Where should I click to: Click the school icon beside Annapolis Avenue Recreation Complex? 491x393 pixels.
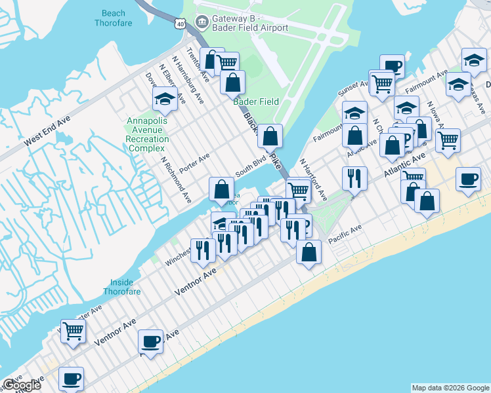164,100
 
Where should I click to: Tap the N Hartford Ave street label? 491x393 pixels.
313,178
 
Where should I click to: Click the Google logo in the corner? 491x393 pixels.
22,385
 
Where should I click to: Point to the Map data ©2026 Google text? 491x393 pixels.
450,388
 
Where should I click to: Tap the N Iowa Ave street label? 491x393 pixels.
438,114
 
